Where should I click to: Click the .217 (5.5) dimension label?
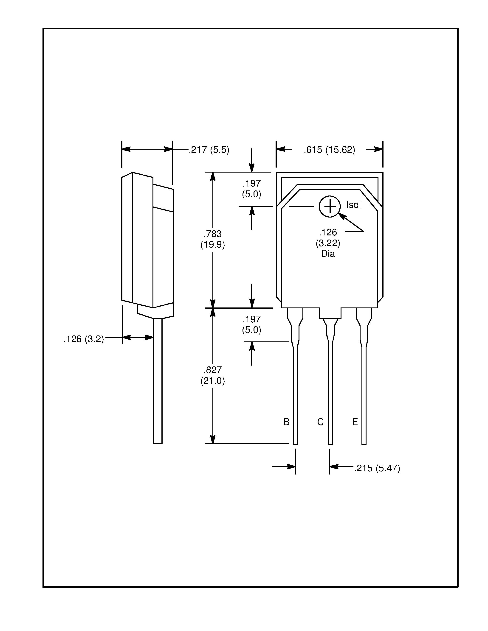(209, 150)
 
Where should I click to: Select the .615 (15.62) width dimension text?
(329, 150)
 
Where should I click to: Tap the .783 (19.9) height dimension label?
(212, 239)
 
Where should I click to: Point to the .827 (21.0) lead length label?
(212, 375)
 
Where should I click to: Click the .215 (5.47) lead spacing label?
(377, 468)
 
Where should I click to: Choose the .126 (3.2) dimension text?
(83, 339)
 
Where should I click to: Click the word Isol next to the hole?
(353, 205)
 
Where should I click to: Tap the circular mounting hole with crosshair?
(329, 206)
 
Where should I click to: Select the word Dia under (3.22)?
(328, 254)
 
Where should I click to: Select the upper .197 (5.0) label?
(251, 189)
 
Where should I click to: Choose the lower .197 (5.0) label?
(251, 324)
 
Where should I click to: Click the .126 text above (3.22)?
(328, 232)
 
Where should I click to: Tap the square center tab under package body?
(330, 313)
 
